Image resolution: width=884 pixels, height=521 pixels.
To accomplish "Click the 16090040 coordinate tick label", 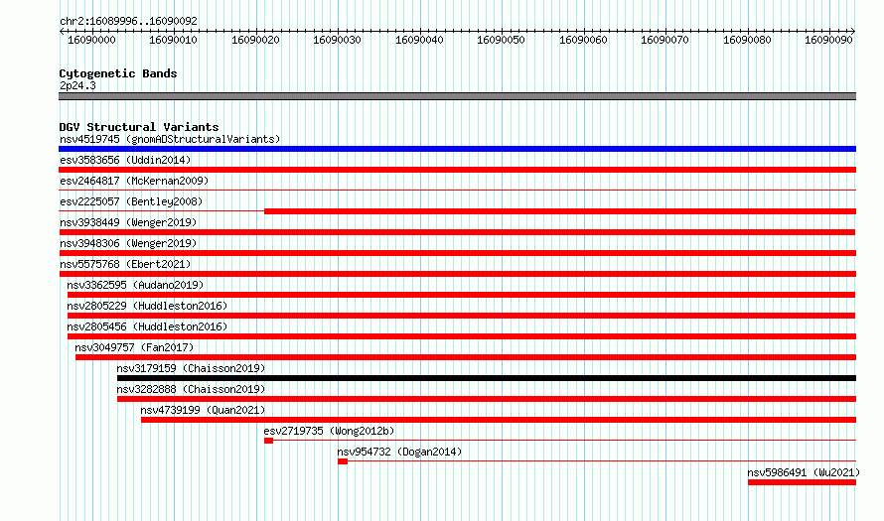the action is point(419,40).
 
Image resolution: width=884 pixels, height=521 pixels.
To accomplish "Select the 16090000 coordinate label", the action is point(91,40).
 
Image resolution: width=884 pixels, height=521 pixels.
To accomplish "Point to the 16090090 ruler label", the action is point(828,40).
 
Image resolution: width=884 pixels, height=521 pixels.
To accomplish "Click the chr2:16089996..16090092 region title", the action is point(128,22).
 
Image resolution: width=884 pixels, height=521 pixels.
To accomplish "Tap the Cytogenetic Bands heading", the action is point(118,73).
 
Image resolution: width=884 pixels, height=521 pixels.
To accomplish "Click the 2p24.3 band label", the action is point(77,85).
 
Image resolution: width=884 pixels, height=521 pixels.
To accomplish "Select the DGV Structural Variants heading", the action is point(139,127).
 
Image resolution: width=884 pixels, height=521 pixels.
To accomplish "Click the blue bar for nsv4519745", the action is point(457,149).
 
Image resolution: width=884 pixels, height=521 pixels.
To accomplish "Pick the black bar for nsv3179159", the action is point(487,378).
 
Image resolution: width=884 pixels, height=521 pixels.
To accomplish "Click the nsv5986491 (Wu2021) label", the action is point(804,472).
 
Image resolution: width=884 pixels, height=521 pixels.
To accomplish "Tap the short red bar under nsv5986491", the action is point(802,482).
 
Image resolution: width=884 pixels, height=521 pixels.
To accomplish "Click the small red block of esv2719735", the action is point(268,441).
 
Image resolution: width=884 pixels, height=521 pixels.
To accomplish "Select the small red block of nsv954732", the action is point(343,461).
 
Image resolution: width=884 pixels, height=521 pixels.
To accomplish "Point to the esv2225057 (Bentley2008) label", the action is point(131,201).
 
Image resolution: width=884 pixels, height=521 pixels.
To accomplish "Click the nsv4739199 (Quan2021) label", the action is point(203,410).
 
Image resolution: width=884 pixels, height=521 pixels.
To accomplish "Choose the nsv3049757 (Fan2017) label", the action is point(134,347).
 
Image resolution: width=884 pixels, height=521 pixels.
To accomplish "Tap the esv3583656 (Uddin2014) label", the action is point(125,160).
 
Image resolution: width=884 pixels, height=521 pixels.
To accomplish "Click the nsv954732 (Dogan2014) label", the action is point(399,452).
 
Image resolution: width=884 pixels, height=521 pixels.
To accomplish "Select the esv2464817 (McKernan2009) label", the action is point(134,181).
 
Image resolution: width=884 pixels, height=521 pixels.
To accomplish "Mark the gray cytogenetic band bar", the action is point(457,96).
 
